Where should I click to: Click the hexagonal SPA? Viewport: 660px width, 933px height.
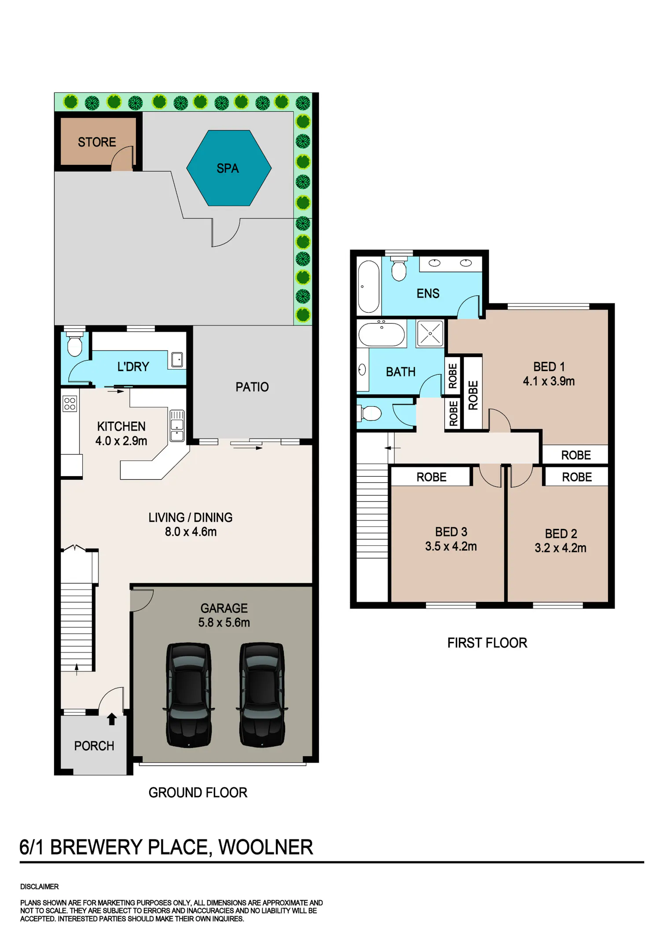(229, 168)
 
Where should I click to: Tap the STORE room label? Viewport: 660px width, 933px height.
(97, 142)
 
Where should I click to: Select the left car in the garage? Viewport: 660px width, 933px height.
(189, 695)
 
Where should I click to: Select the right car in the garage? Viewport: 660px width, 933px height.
(262, 695)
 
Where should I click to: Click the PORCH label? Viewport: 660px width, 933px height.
(94, 746)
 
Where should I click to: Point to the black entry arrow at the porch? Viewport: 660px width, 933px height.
(112, 719)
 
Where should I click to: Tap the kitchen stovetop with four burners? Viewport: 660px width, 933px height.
(70, 404)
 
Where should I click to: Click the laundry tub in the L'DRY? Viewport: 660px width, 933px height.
(177, 360)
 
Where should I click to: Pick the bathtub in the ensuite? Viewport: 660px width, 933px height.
(369, 287)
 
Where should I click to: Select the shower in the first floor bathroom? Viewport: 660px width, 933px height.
(430, 333)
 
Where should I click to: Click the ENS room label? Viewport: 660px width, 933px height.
(428, 293)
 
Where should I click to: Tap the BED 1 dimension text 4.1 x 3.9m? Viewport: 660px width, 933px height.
(549, 381)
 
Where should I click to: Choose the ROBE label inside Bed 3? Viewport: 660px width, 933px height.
(432, 477)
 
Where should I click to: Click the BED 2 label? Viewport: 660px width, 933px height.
(561, 534)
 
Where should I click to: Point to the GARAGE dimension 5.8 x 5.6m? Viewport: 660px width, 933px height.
(224, 623)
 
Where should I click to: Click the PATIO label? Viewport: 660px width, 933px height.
(252, 387)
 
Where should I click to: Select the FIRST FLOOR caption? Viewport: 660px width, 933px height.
(487, 643)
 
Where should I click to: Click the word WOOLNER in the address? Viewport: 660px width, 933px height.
(266, 847)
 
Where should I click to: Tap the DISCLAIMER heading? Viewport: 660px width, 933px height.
(40, 886)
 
